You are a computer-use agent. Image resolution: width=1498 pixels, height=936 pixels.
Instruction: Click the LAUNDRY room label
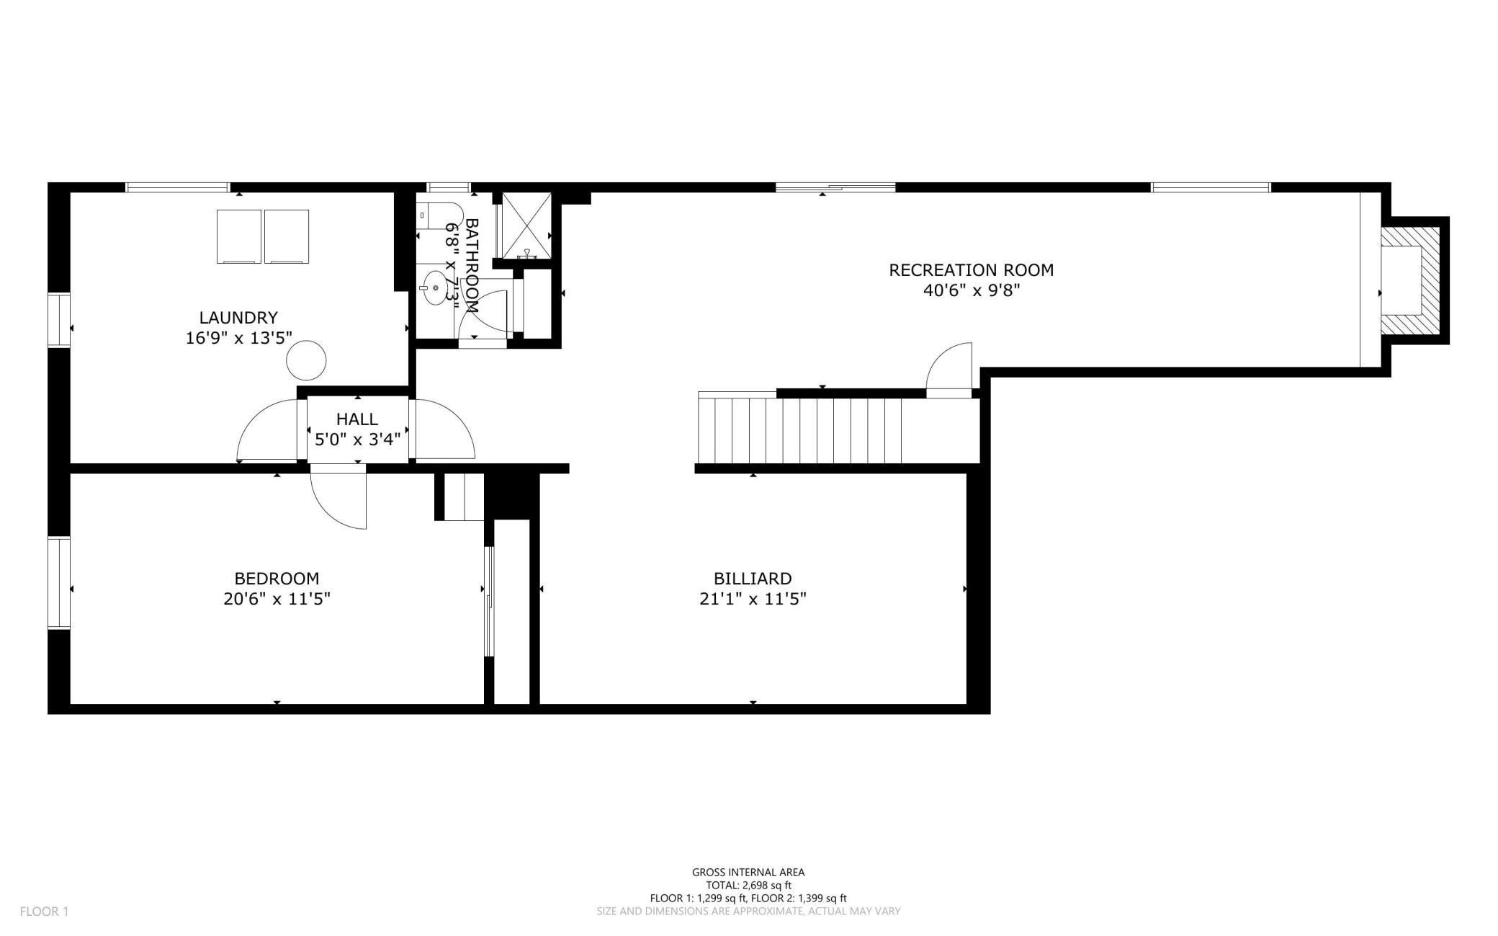coord(238,318)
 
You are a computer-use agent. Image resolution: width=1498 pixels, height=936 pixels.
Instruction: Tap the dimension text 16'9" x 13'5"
coord(238,338)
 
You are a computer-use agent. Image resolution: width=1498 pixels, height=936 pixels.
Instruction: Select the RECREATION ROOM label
coord(971,270)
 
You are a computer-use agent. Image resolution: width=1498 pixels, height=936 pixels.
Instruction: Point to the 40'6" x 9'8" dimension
coord(972,290)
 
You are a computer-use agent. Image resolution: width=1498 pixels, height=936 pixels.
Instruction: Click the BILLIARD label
coord(753,579)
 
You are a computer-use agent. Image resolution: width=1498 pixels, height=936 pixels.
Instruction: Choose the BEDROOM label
coord(277,579)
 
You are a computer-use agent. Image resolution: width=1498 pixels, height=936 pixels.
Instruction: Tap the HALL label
coord(357,419)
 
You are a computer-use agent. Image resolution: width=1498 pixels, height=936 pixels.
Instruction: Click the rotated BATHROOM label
coord(472,265)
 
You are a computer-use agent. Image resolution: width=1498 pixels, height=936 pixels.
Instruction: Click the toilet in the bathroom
coord(440,215)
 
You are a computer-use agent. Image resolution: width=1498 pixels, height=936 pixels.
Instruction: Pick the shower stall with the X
coord(526,225)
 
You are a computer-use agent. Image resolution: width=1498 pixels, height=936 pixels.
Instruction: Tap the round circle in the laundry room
coord(306,360)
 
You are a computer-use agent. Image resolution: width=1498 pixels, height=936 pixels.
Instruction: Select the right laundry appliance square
coord(287,236)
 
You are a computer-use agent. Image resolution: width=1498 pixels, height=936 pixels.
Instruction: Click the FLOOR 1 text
coord(44,912)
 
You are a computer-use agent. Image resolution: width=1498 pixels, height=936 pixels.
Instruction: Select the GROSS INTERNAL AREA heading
coord(748,873)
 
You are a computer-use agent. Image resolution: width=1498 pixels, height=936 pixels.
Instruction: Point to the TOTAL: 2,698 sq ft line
coord(748,886)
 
